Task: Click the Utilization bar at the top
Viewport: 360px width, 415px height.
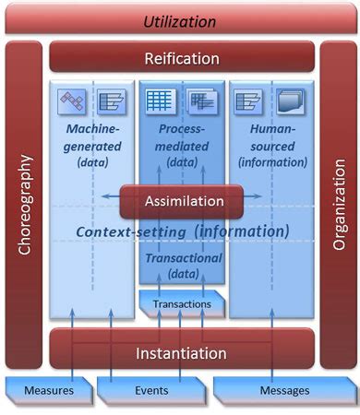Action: click(x=180, y=20)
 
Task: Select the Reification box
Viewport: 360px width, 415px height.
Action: click(x=182, y=59)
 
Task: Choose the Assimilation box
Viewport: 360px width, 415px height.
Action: click(x=181, y=201)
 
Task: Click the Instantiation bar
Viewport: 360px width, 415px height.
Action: click(x=181, y=353)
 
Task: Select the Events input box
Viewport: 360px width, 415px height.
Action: click(x=150, y=390)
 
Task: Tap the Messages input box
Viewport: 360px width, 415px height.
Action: click(x=283, y=390)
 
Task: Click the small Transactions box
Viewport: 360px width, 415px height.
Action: click(x=181, y=303)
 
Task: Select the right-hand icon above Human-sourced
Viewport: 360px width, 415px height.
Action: click(x=290, y=101)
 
